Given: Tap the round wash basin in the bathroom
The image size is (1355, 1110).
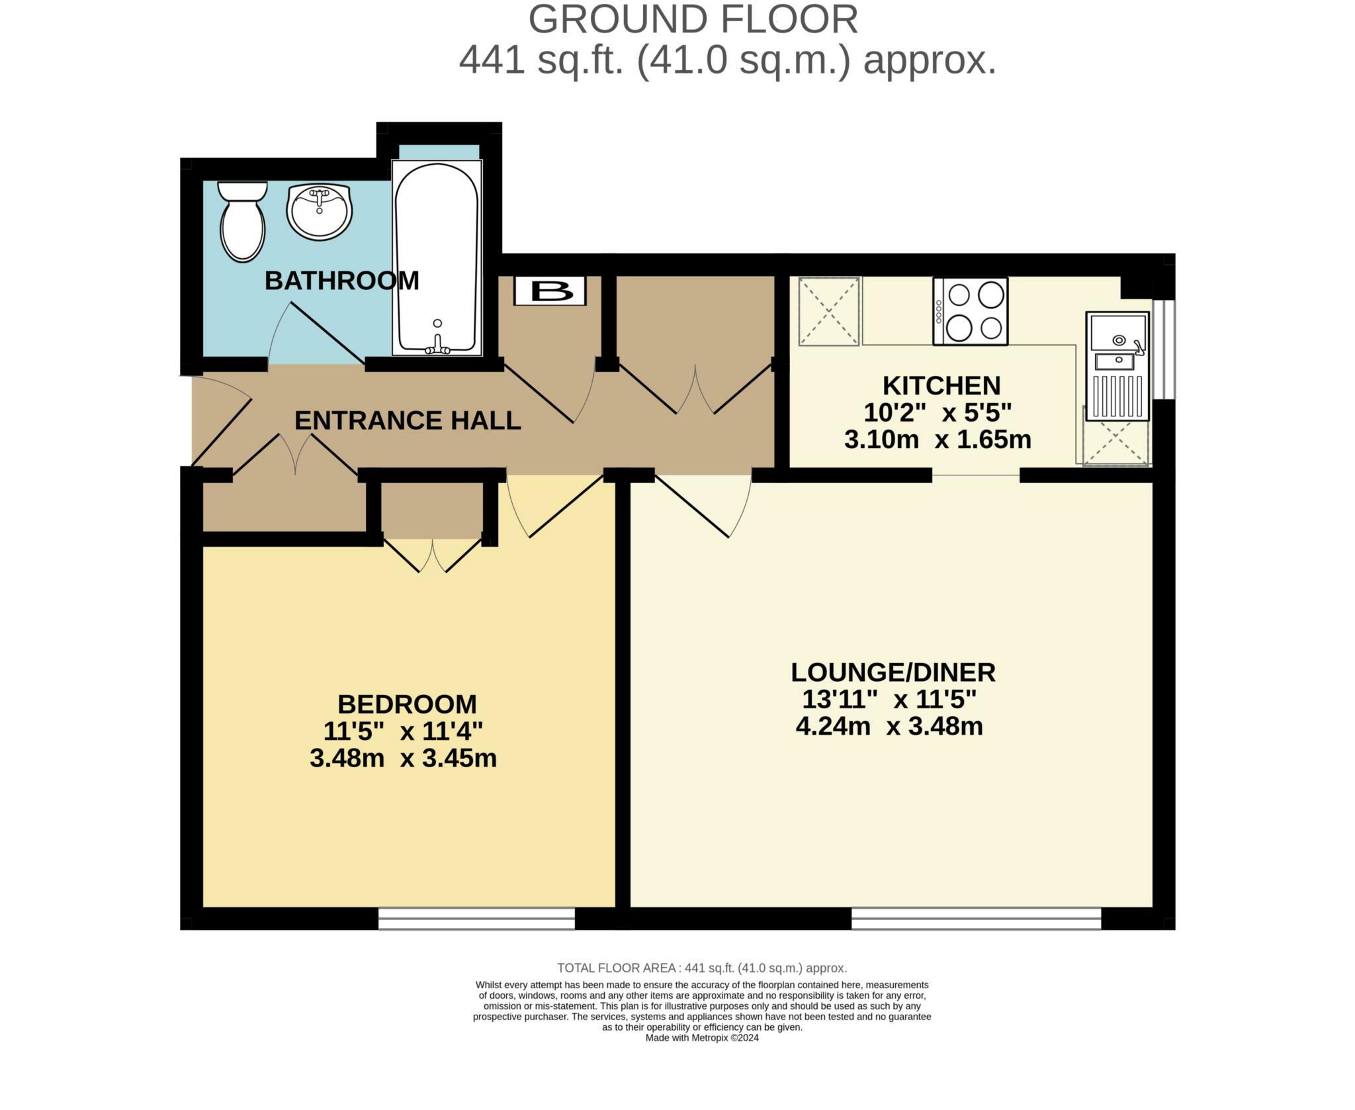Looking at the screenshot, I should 319,210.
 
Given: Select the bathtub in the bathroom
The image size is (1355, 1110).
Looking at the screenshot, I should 436,258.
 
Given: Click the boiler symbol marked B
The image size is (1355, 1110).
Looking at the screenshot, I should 550,291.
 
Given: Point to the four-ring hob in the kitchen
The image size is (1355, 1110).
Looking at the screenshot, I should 970,311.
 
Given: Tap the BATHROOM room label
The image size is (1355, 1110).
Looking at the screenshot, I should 341,281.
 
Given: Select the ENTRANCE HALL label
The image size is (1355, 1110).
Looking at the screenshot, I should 408,420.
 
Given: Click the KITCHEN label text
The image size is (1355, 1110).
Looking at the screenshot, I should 941,385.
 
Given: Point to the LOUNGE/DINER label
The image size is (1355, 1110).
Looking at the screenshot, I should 893,672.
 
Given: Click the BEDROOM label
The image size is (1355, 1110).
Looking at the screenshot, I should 407,704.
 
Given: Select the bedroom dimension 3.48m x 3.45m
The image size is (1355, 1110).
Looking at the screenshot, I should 403,759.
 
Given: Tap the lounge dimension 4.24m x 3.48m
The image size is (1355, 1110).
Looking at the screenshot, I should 889,727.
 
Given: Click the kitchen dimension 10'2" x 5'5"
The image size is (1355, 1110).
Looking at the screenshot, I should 938,413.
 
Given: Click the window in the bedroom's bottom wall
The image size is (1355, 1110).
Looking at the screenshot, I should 476,918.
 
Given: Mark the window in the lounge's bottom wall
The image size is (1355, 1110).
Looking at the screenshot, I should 975,918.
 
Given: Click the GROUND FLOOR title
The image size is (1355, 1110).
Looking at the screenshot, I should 693,19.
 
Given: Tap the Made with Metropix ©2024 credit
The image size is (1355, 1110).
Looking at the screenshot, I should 701,1038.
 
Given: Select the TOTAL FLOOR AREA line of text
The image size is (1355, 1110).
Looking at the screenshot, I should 701,968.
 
